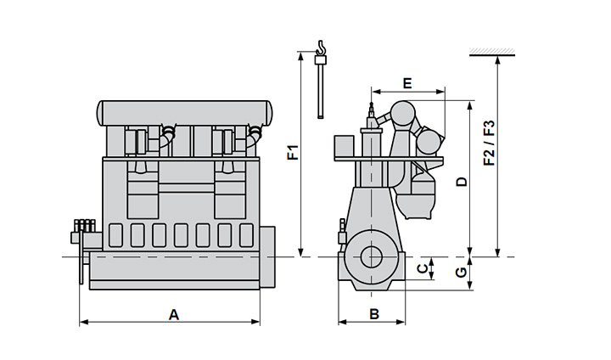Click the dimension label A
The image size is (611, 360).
point(174,314)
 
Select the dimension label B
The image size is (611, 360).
point(374,314)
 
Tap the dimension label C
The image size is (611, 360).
point(422,269)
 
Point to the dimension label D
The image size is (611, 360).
point(461,182)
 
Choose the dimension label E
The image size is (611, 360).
point(407,83)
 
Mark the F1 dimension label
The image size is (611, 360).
point(292,153)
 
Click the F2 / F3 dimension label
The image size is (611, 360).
point(489,143)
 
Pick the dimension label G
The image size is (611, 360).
point(461,273)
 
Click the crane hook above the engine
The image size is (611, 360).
point(320,50)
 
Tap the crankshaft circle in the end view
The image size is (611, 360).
point(370,256)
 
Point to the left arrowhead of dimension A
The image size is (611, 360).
point(83,322)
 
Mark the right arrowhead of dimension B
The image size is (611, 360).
point(404,322)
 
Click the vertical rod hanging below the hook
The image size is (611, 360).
point(320,90)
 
